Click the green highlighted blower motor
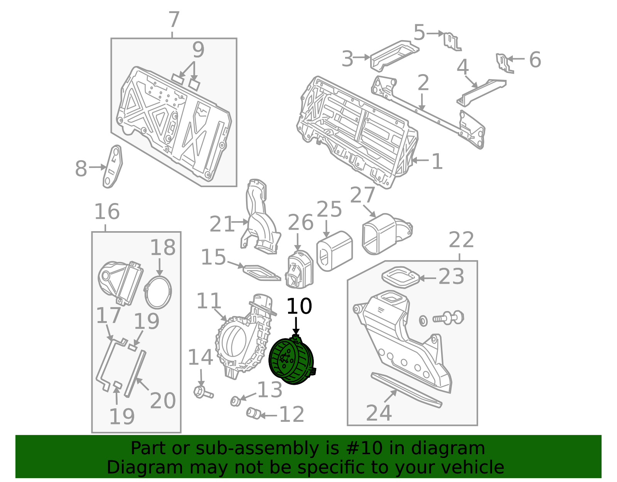[291, 361]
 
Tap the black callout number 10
[299, 306]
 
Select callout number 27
[362, 195]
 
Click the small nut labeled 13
[234, 401]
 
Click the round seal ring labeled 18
[158, 292]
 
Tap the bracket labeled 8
[113, 166]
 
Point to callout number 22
[461, 240]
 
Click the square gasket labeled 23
[400, 277]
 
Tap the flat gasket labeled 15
[261, 272]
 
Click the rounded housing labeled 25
[334, 251]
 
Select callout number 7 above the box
[174, 20]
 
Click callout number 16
[107, 212]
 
